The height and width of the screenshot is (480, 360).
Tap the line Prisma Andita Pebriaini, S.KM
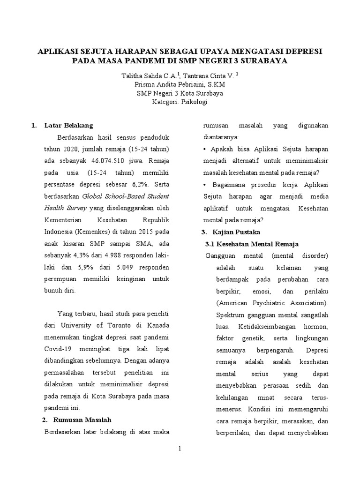coord(180,84)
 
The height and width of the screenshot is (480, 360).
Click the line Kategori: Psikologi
coord(180,101)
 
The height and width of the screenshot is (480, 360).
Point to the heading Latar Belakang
coord(68,126)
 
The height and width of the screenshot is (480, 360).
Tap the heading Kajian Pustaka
coord(233,232)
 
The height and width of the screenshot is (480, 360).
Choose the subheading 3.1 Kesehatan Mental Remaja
coord(253,244)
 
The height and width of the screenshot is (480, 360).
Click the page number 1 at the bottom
coord(180,449)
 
